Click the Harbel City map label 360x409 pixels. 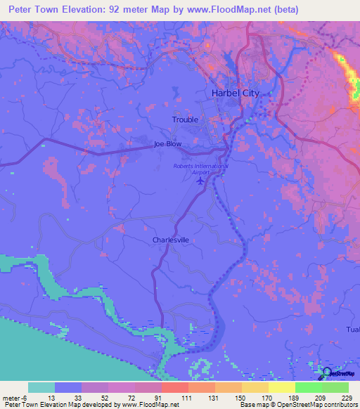[236, 93]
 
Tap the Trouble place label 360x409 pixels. [186, 119]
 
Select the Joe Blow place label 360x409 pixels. [168, 144]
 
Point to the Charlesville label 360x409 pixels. [171, 240]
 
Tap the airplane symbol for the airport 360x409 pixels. [200, 181]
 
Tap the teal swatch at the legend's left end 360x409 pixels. [41, 387]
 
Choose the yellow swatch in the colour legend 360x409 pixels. [281, 387]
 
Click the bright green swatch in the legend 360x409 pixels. [308, 387]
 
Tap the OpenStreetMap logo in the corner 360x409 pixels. [337, 372]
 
